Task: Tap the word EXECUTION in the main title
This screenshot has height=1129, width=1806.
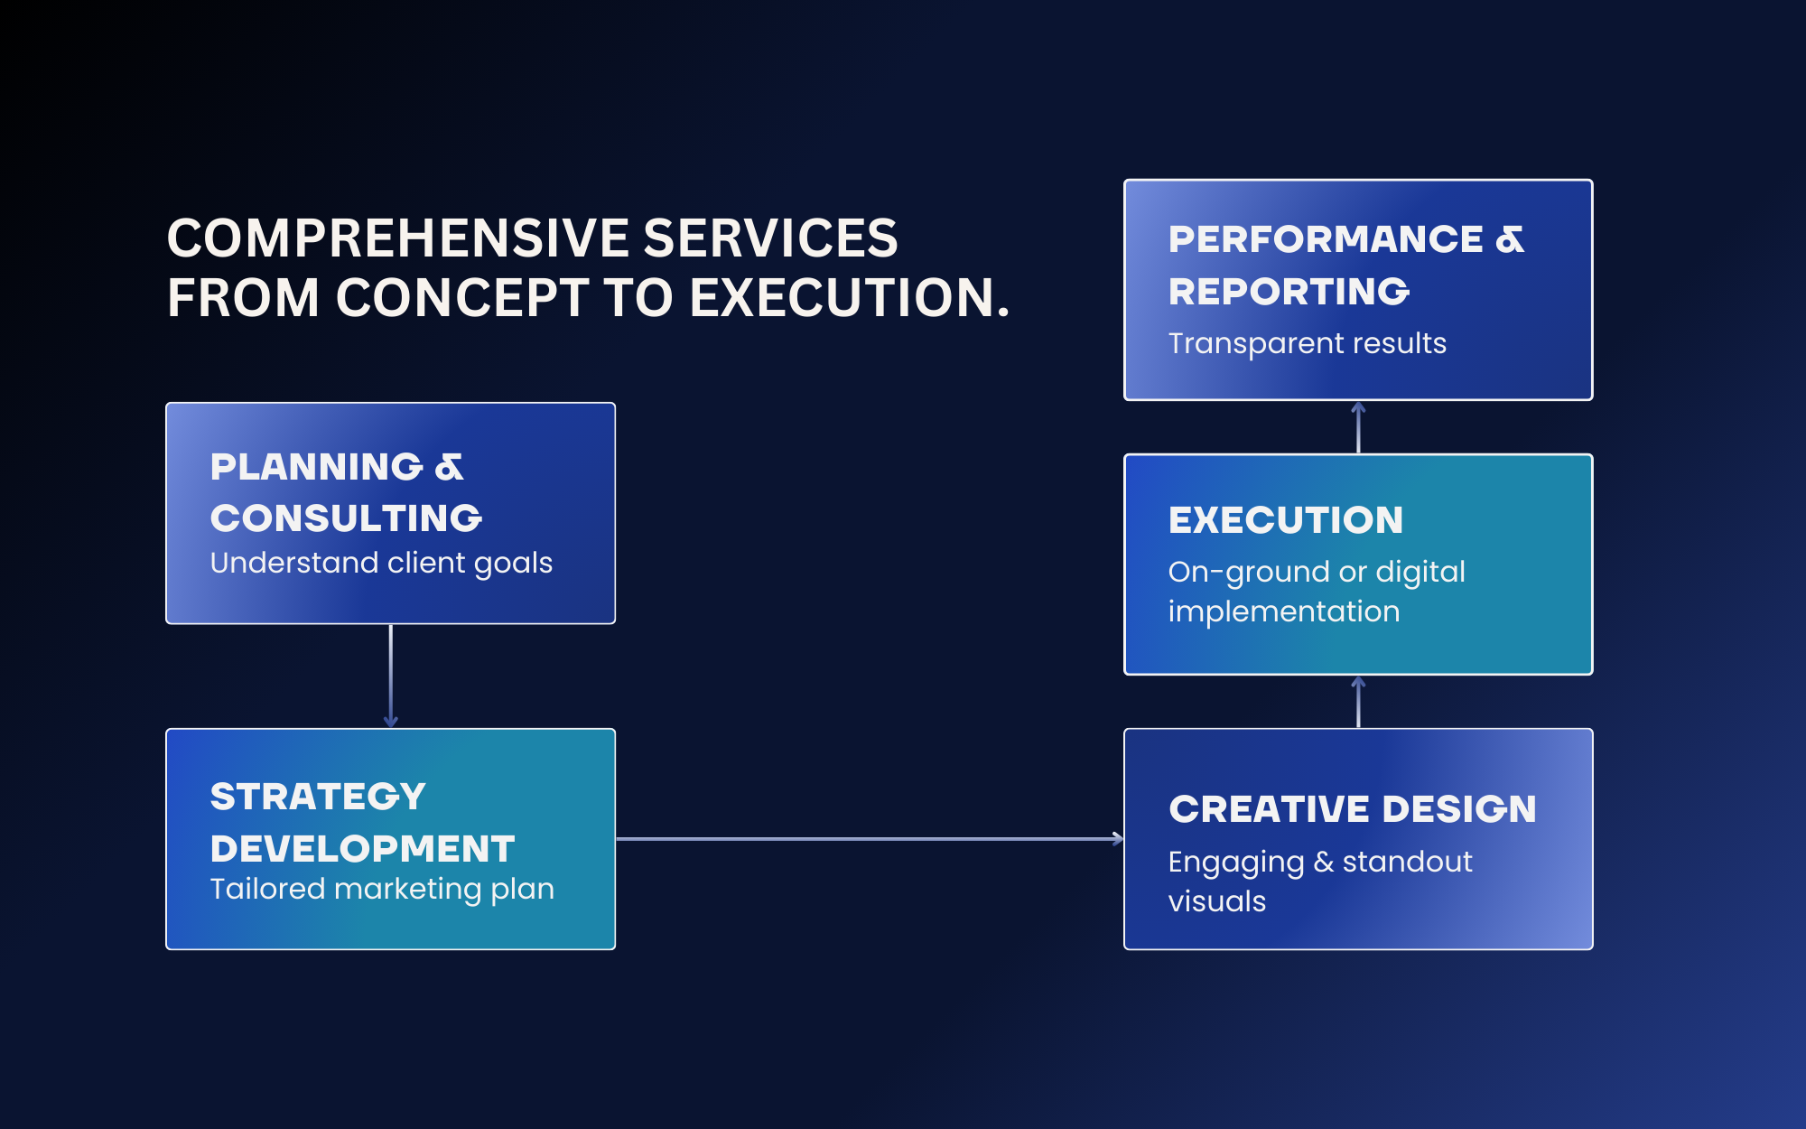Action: tap(850, 297)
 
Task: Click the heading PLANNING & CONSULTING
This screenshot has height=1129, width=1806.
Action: tap(346, 492)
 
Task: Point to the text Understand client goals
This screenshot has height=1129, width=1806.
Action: tap(381, 563)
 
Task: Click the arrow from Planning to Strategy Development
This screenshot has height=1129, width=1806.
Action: tap(390, 676)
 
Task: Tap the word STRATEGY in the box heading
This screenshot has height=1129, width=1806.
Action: tap(318, 797)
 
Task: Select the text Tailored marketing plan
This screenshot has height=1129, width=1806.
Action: tap(382, 889)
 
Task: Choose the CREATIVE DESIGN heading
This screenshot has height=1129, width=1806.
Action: tap(1353, 809)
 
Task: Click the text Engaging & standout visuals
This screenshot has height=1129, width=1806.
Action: tap(1320, 882)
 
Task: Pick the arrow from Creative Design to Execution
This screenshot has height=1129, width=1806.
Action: tap(1358, 702)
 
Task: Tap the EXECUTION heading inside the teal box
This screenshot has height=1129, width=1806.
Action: tap(1286, 520)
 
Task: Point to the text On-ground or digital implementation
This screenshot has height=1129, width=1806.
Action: tap(1317, 592)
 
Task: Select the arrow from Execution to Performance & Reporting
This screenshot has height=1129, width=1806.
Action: tap(1358, 427)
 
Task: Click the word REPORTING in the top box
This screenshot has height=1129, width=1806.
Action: tap(1289, 292)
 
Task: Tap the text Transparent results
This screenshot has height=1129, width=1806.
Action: tap(1308, 343)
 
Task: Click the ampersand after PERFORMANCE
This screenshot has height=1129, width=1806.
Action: tap(1510, 239)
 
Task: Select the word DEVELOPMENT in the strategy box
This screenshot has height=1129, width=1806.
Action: tap(363, 849)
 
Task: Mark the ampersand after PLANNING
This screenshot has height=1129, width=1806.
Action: tap(449, 467)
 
